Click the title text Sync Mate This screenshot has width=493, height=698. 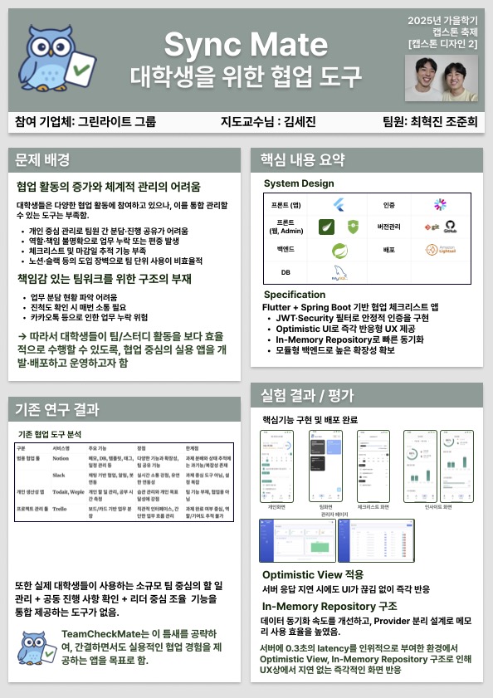click(x=246, y=42)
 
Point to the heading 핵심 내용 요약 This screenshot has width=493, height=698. click(x=303, y=159)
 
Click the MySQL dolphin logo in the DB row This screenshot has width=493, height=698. click(x=339, y=271)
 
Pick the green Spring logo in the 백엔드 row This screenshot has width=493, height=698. click(x=339, y=249)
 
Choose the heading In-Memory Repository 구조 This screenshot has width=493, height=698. click(x=329, y=607)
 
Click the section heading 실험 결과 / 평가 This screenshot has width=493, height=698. click(x=308, y=393)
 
